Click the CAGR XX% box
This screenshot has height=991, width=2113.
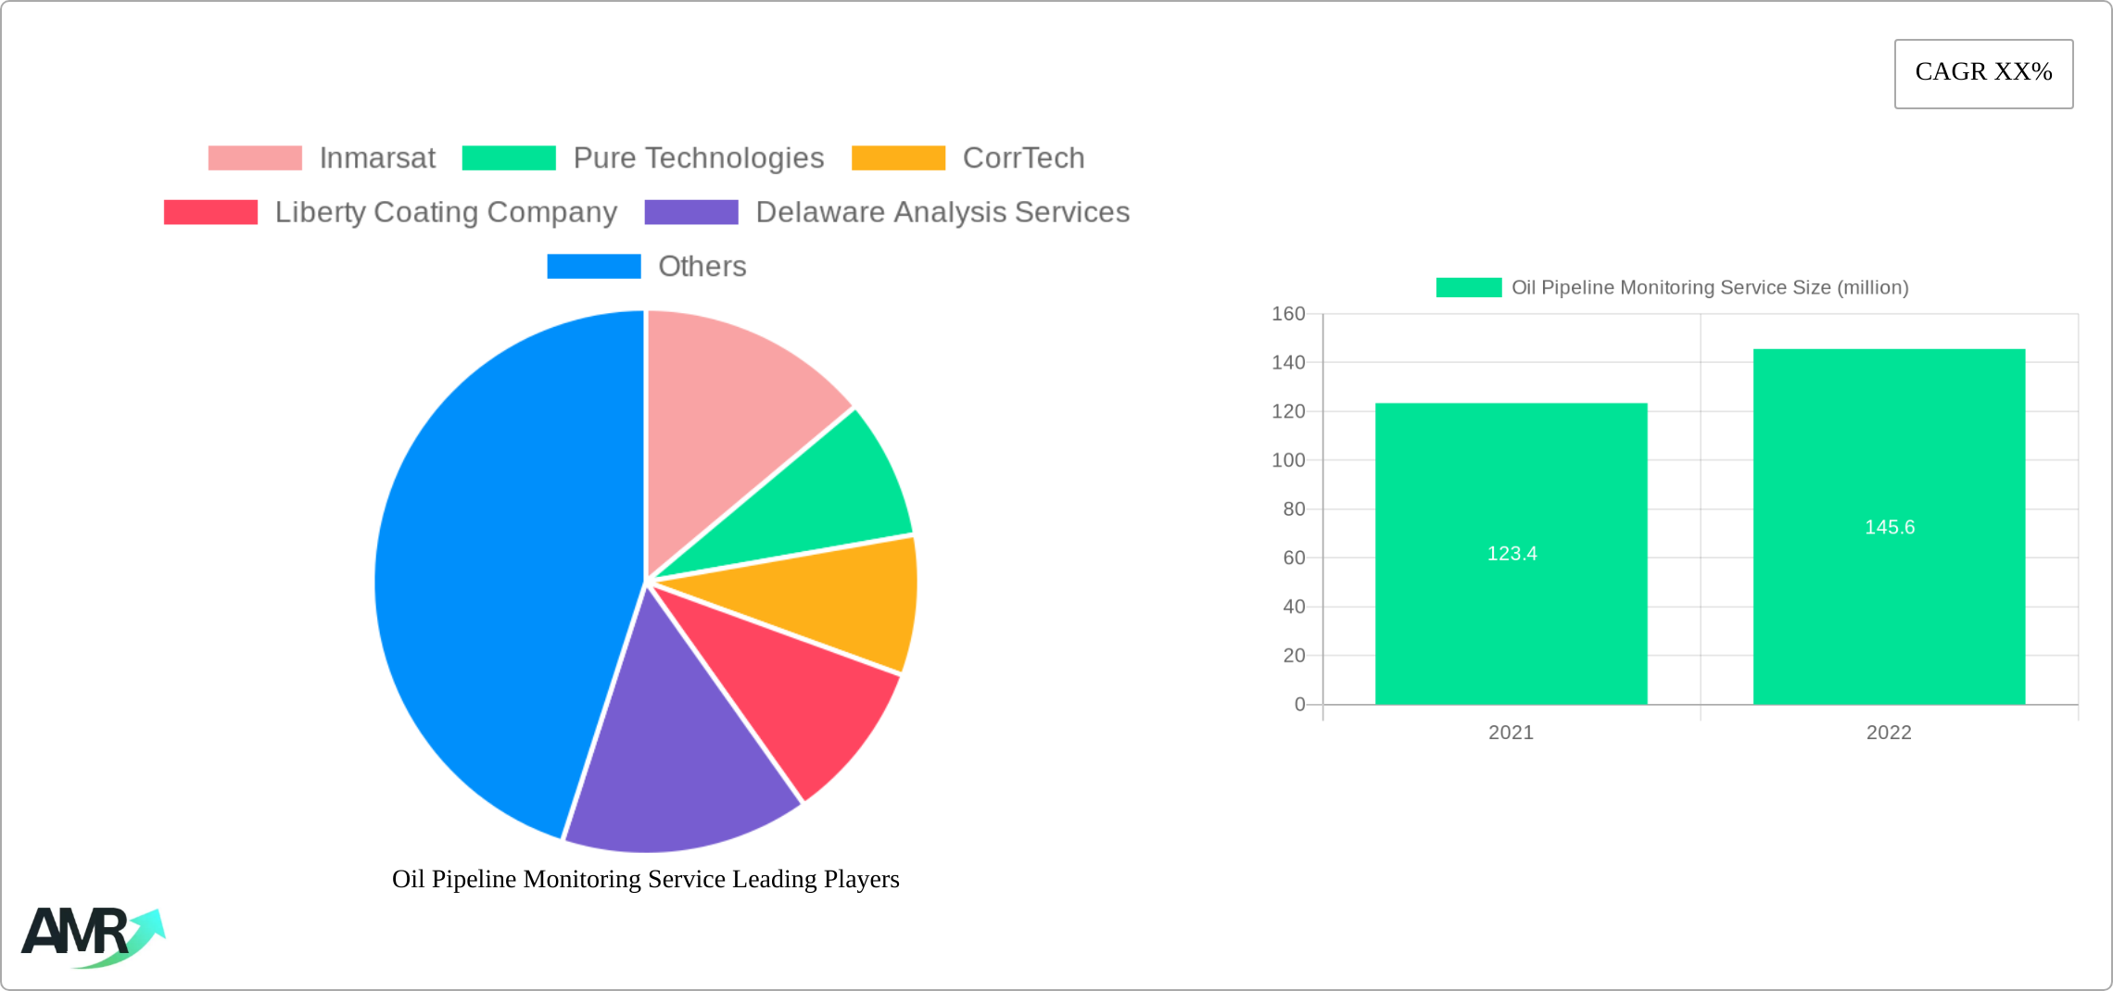(1983, 73)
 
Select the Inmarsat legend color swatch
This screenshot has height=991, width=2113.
(255, 158)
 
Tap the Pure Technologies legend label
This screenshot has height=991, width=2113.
(698, 158)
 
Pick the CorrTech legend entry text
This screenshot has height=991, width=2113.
(1023, 158)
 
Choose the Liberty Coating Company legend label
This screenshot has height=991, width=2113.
(446, 212)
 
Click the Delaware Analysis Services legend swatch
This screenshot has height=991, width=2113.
(691, 212)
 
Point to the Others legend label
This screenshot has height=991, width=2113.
(702, 267)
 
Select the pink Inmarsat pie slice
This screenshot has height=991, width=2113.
(732, 408)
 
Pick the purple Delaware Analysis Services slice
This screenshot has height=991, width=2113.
(677, 759)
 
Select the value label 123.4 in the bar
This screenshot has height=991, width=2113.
(1512, 554)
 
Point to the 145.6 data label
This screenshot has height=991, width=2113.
(1890, 528)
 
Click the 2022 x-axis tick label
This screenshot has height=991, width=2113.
(1889, 733)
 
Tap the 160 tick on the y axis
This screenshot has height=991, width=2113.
(1288, 314)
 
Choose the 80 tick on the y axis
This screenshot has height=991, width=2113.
(1294, 509)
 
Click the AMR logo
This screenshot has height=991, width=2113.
(91, 935)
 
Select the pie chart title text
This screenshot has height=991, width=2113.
(645, 879)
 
